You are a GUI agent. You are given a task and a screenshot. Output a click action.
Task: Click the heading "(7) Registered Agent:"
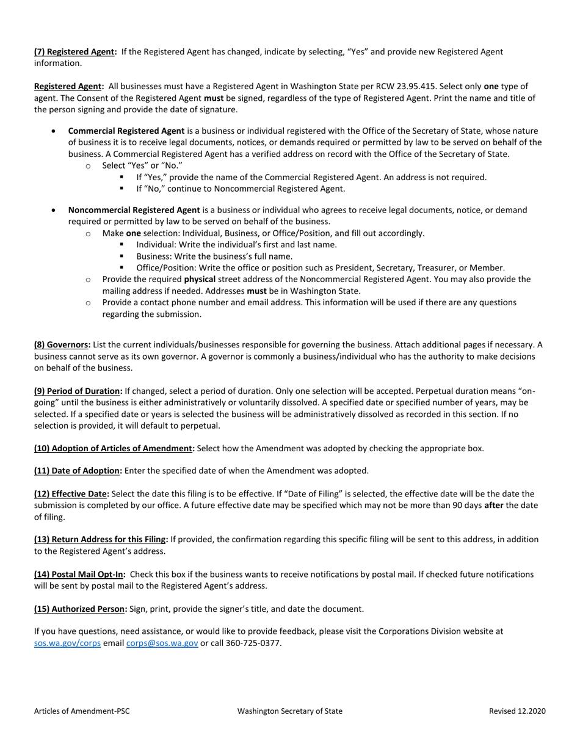[75, 52]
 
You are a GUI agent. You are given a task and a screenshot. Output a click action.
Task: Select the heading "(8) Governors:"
[62, 344]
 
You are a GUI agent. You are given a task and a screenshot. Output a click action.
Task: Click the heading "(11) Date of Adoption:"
[78, 471]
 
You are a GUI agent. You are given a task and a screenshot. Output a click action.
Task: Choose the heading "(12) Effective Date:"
[72, 493]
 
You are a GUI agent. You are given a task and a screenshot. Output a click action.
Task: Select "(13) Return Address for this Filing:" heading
[101, 539]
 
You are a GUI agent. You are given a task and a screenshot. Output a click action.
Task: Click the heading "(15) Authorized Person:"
[81, 609]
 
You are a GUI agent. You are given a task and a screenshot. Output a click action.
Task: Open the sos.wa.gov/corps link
[68, 643]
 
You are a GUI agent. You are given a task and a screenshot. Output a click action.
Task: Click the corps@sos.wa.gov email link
[162, 643]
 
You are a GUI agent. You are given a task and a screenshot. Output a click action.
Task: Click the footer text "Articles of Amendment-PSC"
[82, 711]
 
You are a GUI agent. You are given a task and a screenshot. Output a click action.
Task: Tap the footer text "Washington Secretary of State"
[290, 711]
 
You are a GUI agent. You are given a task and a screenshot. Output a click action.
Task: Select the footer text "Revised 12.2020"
[517, 711]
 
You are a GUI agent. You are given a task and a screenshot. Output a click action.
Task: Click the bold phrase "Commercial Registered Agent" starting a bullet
[126, 131]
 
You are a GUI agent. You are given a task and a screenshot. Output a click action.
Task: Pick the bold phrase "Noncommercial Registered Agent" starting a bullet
[134, 210]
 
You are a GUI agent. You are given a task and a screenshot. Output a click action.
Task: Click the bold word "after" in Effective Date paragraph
[495, 505]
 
